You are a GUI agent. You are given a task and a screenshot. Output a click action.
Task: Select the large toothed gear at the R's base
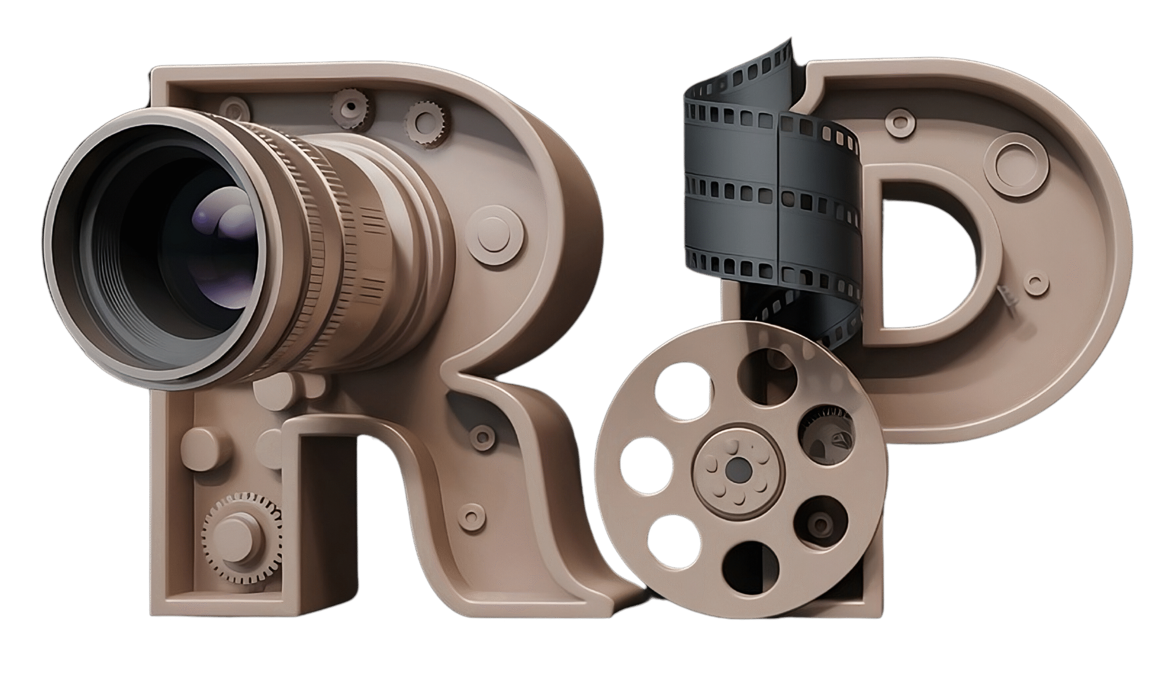[x=241, y=533]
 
